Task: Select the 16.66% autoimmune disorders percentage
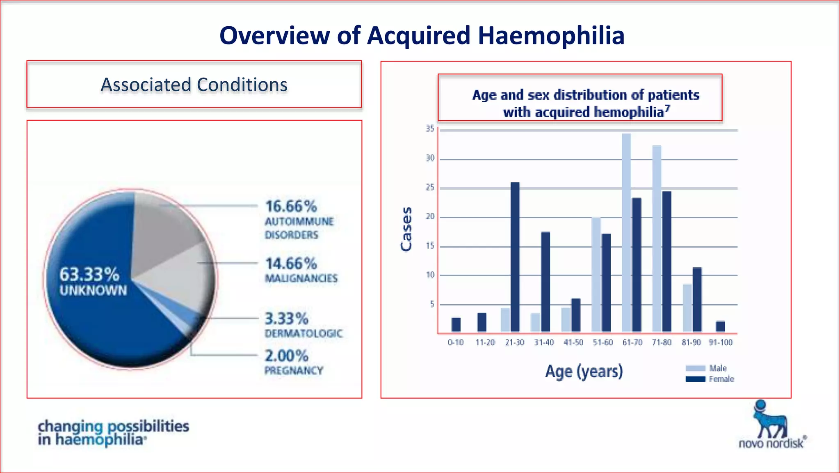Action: point(291,207)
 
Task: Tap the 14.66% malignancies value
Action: point(291,264)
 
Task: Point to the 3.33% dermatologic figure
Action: point(286,319)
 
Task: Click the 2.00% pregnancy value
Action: point(286,356)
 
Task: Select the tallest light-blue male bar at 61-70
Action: point(626,232)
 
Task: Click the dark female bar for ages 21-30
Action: point(515,257)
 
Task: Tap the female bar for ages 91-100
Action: point(720,326)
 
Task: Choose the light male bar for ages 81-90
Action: point(687,308)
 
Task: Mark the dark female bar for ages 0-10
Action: point(456,324)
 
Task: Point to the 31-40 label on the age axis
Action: point(544,342)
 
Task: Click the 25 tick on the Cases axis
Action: point(429,188)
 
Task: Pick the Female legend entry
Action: point(710,379)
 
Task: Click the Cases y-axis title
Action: point(406,229)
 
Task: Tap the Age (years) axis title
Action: point(584,372)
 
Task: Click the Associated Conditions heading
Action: point(194,85)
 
